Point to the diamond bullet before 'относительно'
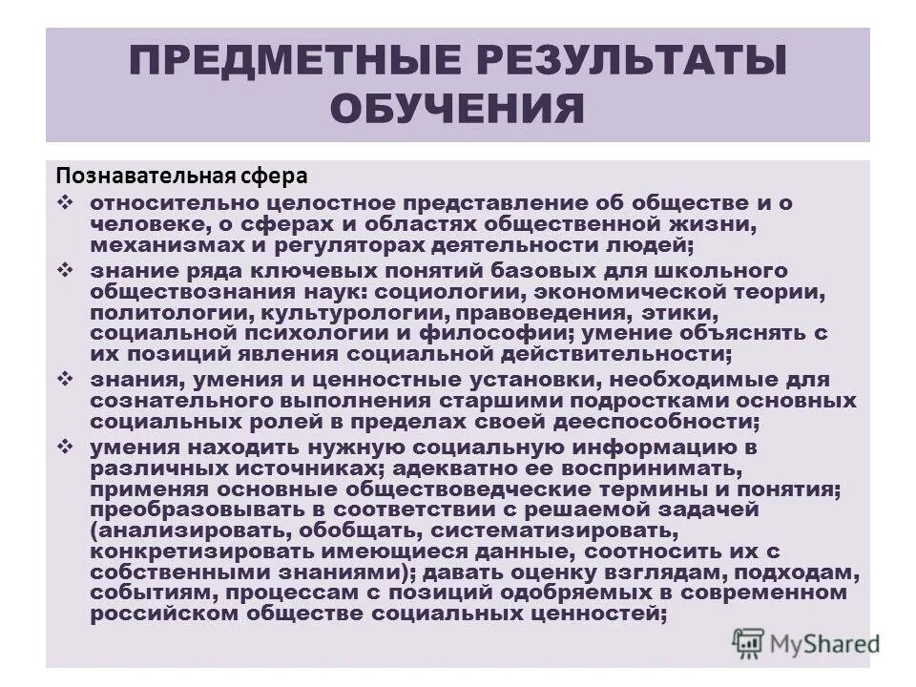[66, 204]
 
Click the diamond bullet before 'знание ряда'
[66, 270]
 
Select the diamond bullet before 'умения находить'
[66, 446]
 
